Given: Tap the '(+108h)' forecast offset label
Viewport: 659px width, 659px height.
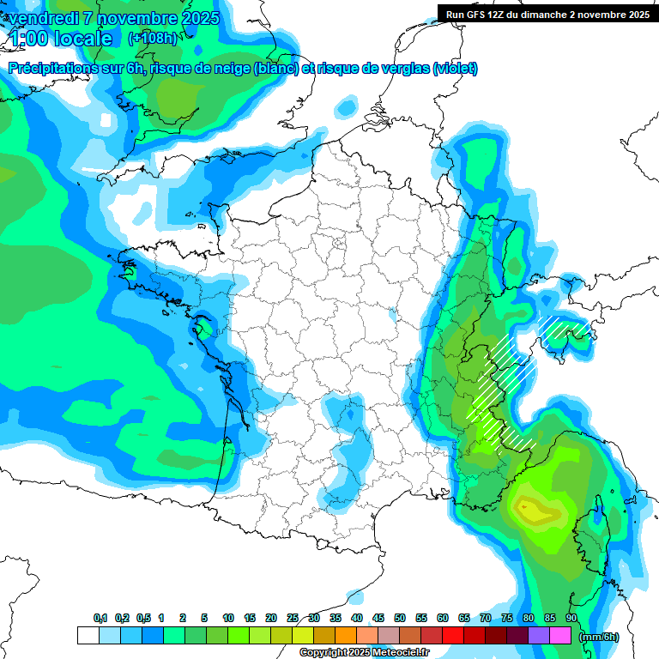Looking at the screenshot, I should pos(152,39).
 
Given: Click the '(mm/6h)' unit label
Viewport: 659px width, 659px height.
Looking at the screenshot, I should pos(599,637).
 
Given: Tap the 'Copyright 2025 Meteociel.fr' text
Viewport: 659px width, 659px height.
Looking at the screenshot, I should pos(364,653).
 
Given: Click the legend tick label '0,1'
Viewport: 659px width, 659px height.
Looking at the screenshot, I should pos(100,619).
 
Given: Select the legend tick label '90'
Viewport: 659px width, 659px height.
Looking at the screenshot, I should pos(571,619).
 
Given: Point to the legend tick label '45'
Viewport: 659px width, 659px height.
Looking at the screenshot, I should pos(378,619).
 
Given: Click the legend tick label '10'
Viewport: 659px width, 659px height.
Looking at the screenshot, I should pos(228,619).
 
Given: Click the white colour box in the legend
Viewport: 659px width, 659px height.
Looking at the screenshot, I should pos(88,636).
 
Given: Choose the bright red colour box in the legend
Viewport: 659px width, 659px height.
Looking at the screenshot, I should pos(453,636).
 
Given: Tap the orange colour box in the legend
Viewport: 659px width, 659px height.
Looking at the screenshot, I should pos(346,636).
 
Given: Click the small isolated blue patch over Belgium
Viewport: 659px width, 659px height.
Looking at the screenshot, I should pos(346,107).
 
